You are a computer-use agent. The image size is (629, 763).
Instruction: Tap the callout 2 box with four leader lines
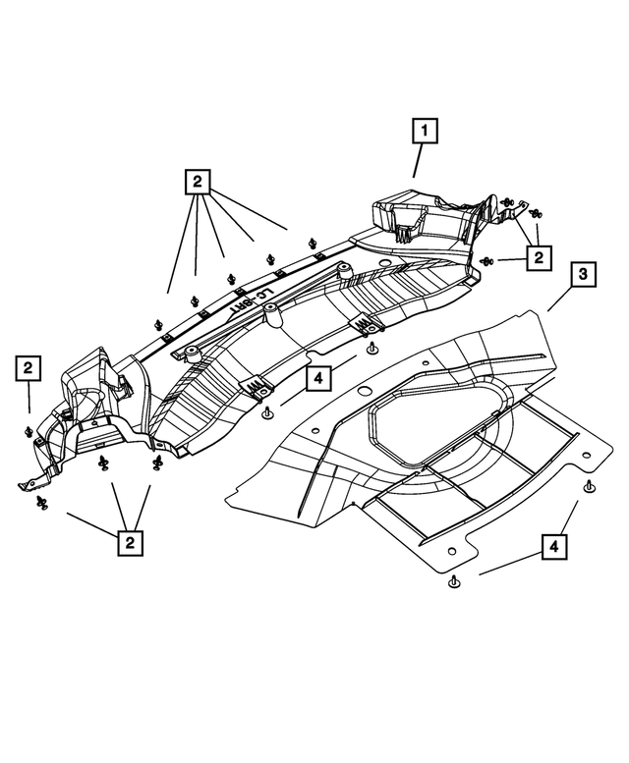tap(198, 181)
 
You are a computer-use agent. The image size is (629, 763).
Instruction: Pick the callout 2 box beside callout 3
tap(538, 258)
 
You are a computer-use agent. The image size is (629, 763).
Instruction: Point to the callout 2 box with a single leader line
tap(29, 368)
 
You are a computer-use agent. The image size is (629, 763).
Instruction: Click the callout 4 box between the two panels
tap(318, 376)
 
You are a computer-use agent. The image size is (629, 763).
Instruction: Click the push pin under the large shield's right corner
tap(589, 489)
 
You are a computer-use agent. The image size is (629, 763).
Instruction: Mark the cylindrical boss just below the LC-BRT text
tap(272, 316)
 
